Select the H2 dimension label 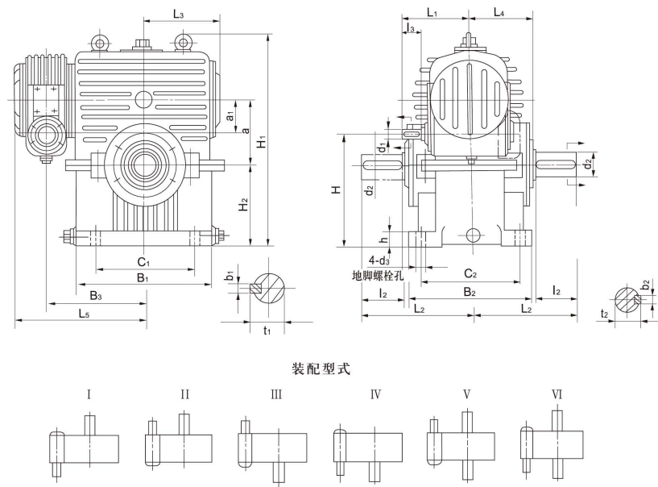click(244, 206)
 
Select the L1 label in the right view click(432, 14)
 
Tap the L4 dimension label click(499, 14)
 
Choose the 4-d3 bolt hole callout click(379, 261)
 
